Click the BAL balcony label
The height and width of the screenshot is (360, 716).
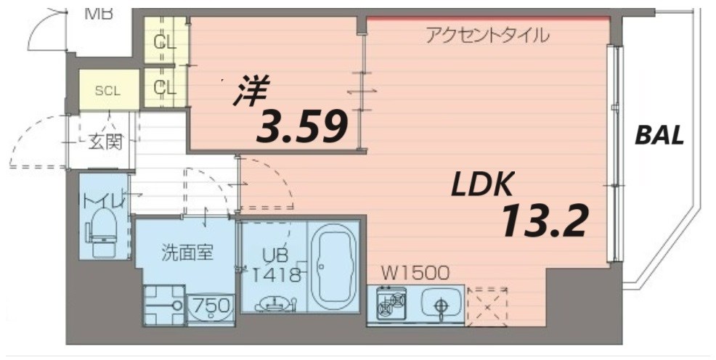click(659, 135)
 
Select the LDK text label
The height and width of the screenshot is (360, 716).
click(483, 186)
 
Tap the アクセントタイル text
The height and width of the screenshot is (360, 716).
click(487, 34)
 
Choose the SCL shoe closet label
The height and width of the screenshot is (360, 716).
click(107, 91)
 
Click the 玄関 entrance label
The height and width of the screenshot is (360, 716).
click(105, 142)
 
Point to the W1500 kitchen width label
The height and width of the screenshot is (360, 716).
click(416, 273)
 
